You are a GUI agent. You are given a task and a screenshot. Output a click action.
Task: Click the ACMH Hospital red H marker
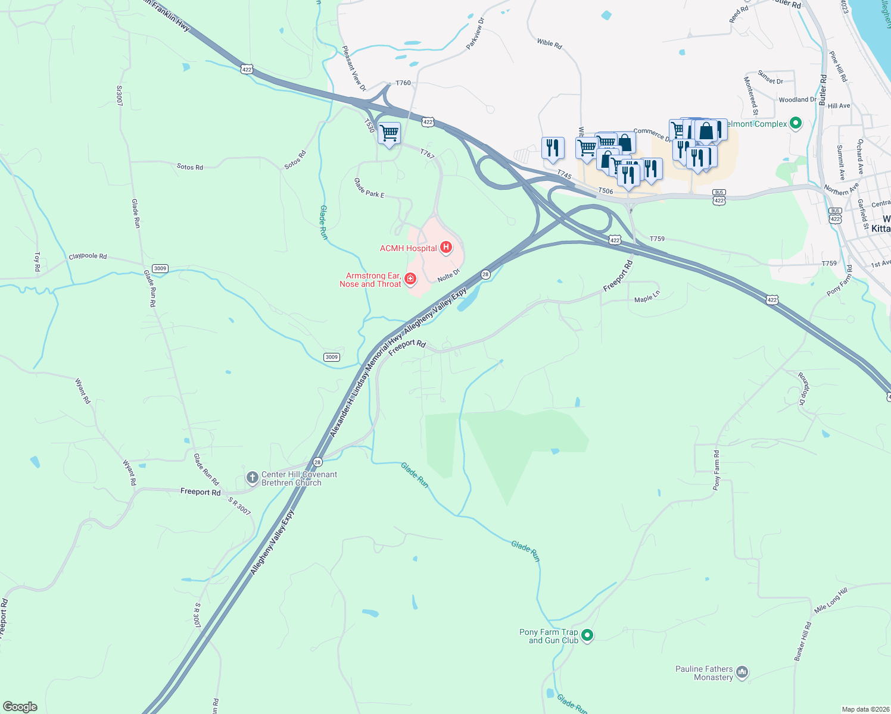click(x=446, y=248)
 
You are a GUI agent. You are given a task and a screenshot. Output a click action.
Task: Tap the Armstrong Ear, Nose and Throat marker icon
click(x=410, y=278)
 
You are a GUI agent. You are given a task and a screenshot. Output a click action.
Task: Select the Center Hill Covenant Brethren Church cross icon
click(x=252, y=477)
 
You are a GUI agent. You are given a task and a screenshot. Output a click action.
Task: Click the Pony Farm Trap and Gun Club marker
click(x=587, y=635)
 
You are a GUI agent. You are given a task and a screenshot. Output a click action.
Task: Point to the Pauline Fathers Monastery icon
click(x=742, y=672)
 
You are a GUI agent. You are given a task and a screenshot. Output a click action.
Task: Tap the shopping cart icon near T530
click(x=389, y=133)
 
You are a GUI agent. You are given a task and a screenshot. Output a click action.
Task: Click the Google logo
click(x=20, y=707)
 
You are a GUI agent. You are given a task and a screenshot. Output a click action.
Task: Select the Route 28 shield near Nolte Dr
click(x=485, y=274)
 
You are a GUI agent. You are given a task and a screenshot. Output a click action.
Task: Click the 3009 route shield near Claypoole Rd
click(x=160, y=268)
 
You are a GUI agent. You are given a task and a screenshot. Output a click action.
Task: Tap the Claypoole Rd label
click(x=88, y=256)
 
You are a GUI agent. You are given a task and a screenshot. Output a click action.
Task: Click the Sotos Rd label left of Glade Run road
click(x=189, y=167)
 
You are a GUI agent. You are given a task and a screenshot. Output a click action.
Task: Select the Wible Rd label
click(x=549, y=43)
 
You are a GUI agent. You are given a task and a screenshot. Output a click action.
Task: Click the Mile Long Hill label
click(x=830, y=601)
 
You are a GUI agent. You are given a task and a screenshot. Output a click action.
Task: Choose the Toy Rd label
click(x=37, y=262)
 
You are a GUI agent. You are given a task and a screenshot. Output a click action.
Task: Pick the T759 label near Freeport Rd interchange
click(x=657, y=239)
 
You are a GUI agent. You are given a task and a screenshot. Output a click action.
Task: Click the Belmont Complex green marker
click(x=796, y=124)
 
